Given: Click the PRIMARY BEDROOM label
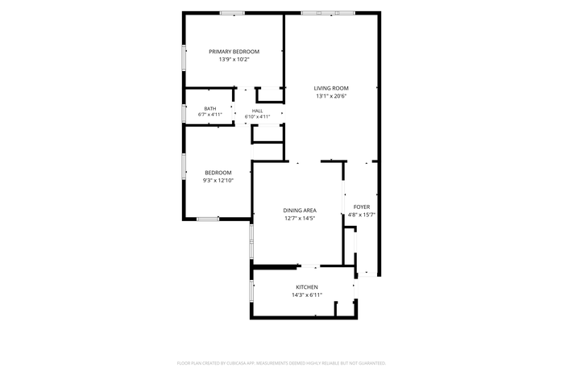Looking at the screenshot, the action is pos(234,52).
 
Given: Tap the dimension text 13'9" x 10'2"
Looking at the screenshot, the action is pos(234,60).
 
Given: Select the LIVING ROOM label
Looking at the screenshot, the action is pos(331,88).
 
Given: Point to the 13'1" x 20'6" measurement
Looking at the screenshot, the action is pos(331,96).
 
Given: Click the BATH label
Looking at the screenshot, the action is pos(210,109).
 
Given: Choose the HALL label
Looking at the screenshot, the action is pos(258,111).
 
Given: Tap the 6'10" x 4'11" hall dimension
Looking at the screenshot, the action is pos(258,117).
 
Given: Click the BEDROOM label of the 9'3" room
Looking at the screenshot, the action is pos(218,173).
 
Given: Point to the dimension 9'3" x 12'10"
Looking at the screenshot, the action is pos(218,181).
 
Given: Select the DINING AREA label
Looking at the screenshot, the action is pos(300,211).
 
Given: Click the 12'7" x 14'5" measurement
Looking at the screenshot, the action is pos(300,218).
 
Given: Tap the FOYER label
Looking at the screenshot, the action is pos(362,207).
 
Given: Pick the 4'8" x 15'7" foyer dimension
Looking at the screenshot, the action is pos(362,215).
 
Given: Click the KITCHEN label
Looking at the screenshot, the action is pos(307,287).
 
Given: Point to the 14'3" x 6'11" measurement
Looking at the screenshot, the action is pos(307,295).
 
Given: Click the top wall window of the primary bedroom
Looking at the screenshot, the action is pos(232,14).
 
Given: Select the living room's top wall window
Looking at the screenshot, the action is pos(328,14).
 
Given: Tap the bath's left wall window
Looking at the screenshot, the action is pos(184,113).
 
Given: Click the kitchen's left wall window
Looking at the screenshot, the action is pos(251,290).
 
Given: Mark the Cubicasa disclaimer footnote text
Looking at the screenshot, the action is pos(281,363).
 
